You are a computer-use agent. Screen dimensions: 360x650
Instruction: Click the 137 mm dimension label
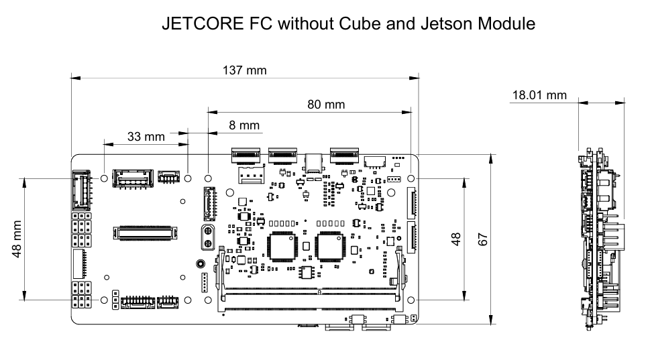[x=243, y=70]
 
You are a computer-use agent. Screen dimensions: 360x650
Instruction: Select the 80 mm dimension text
[x=326, y=105]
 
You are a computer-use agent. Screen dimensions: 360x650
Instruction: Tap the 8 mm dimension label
[x=243, y=125]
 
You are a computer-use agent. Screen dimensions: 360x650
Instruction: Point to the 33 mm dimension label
[x=146, y=137]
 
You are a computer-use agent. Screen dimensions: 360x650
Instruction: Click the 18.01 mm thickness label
[x=539, y=96]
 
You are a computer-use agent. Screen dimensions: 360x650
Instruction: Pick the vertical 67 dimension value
[x=482, y=239]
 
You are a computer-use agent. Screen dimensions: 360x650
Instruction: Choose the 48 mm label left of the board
[x=16, y=239]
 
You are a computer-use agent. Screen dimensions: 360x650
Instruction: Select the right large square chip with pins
[x=331, y=246]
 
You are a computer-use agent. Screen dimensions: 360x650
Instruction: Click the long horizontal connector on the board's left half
[x=147, y=233]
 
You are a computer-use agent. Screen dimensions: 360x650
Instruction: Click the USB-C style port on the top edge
[x=313, y=162]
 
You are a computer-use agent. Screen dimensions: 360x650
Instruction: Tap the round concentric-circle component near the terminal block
[x=199, y=264]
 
